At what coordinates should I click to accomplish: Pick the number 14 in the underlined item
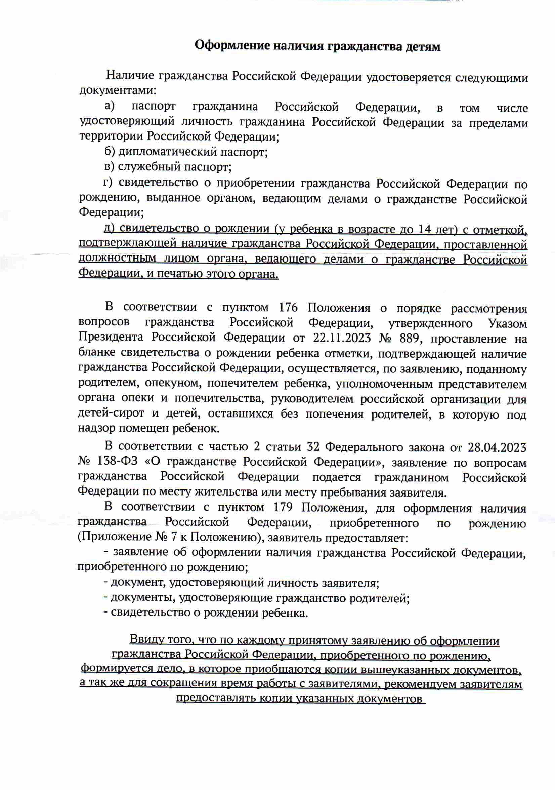point(425,229)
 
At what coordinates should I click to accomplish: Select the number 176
point(288,307)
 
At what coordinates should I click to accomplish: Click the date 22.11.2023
point(342,338)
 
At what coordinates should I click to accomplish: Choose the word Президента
point(111,337)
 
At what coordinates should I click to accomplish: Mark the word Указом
point(507,323)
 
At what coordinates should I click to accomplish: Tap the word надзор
point(97,428)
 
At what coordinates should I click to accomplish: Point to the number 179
point(283,507)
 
